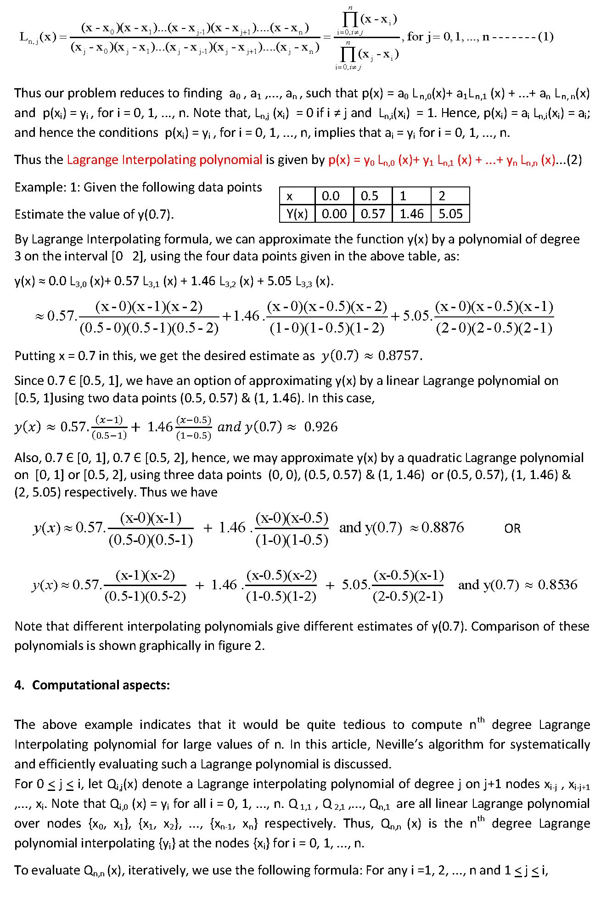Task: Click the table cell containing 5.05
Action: click(450, 214)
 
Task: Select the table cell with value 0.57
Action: click(372, 214)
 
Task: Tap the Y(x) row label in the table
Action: click(297, 214)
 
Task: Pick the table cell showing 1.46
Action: click(411, 214)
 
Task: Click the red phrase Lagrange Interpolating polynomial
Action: click(164, 160)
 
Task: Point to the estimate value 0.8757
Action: click(398, 356)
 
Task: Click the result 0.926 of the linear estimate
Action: click(320, 427)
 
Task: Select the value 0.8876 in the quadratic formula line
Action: click(442, 527)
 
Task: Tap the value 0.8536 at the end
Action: click(557, 585)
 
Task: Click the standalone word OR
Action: click(512, 529)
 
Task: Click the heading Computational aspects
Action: click(101, 685)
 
